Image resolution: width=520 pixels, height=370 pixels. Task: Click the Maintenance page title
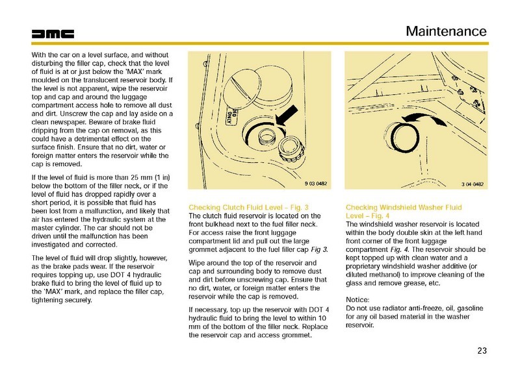coord(446,31)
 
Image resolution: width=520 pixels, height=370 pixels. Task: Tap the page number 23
coord(481,351)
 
